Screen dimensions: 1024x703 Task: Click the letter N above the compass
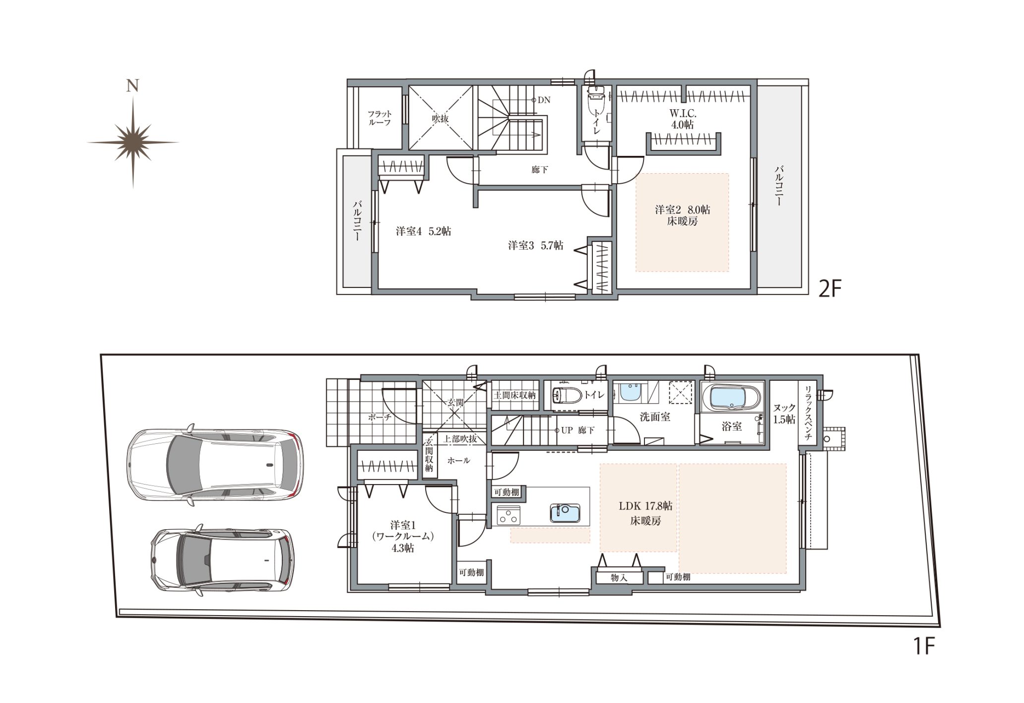132,86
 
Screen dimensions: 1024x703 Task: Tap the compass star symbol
133,142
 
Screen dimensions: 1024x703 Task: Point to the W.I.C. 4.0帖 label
682,119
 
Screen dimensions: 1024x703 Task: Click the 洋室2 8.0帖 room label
682,210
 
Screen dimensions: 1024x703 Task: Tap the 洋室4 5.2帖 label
423,231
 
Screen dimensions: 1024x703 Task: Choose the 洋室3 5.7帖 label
535,245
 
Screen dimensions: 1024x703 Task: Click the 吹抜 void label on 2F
440,119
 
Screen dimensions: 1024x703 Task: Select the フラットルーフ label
380,118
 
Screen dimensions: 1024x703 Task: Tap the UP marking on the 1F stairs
567,430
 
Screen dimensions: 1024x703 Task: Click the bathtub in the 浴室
732,398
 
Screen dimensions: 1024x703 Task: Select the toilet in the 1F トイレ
567,396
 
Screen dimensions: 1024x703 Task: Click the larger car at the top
215,464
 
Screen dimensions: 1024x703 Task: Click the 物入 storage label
619,577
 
